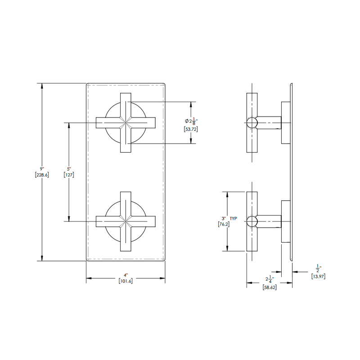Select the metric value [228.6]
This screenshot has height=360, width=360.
coord(41,174)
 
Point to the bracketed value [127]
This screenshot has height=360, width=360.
coord(69,174)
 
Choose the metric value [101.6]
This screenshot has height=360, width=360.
coord(126,281)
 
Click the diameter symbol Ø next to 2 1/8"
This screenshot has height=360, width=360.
coord(186,121)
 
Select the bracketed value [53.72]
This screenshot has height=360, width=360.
coord(191,129)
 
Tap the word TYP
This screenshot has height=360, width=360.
coord(233,218)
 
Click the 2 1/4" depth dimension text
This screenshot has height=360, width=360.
coord(269,279)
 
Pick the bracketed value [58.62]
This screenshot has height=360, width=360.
coord(269,287)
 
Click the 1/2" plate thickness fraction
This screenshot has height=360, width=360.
coord(318,268)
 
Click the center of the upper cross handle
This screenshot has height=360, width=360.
coord(126,122)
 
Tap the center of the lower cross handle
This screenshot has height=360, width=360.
coord(126,221)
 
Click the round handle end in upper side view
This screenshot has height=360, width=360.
coord(252,122)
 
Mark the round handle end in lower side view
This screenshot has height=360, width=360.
coord(252,221)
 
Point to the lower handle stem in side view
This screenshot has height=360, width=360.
coord(270,221)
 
